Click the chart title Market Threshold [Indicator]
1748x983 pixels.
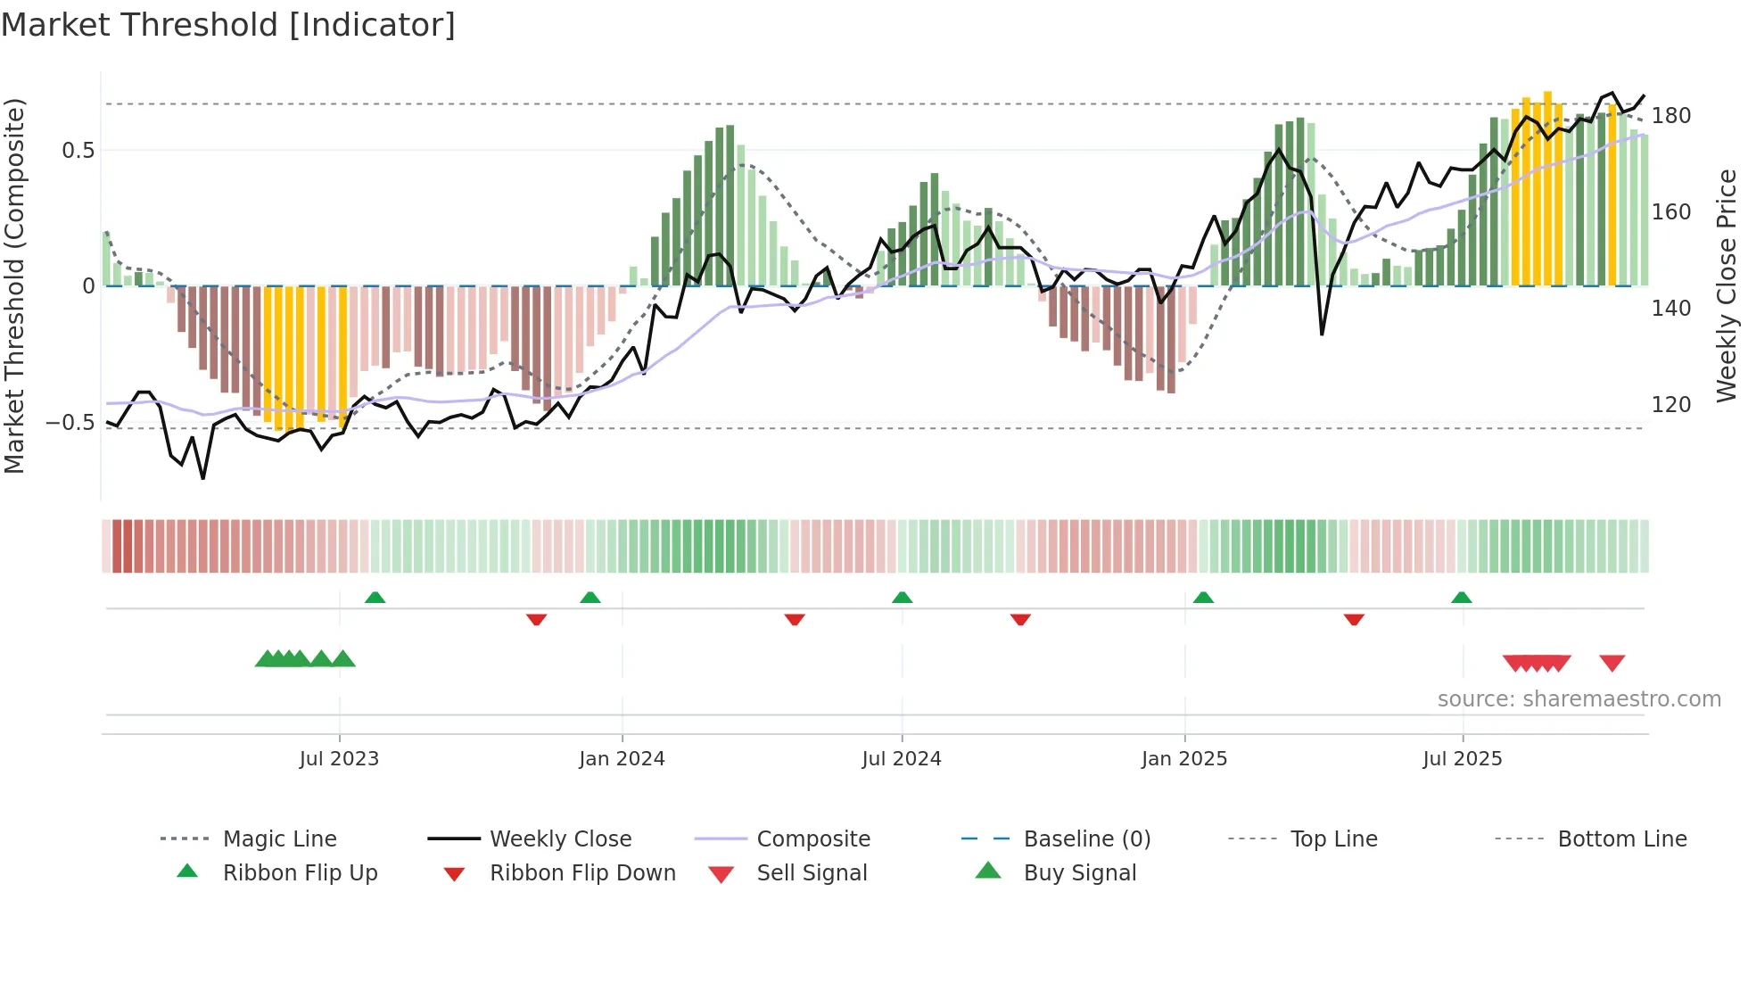228,25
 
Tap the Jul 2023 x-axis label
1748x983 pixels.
339,759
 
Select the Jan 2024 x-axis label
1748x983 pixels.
622,759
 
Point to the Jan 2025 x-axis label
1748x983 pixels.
1184,759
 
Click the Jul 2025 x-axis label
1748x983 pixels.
1463,759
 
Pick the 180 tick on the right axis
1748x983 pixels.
1670,116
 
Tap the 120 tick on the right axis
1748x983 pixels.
1670,405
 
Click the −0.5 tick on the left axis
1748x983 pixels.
70,422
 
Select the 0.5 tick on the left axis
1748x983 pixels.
78,151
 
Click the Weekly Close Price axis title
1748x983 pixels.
1727,285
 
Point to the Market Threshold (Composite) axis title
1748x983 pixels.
14,285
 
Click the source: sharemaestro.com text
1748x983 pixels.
1579,699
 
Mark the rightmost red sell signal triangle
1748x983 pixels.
1612,663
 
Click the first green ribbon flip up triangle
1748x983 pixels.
375,598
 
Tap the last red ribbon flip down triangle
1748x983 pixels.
1354,619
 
